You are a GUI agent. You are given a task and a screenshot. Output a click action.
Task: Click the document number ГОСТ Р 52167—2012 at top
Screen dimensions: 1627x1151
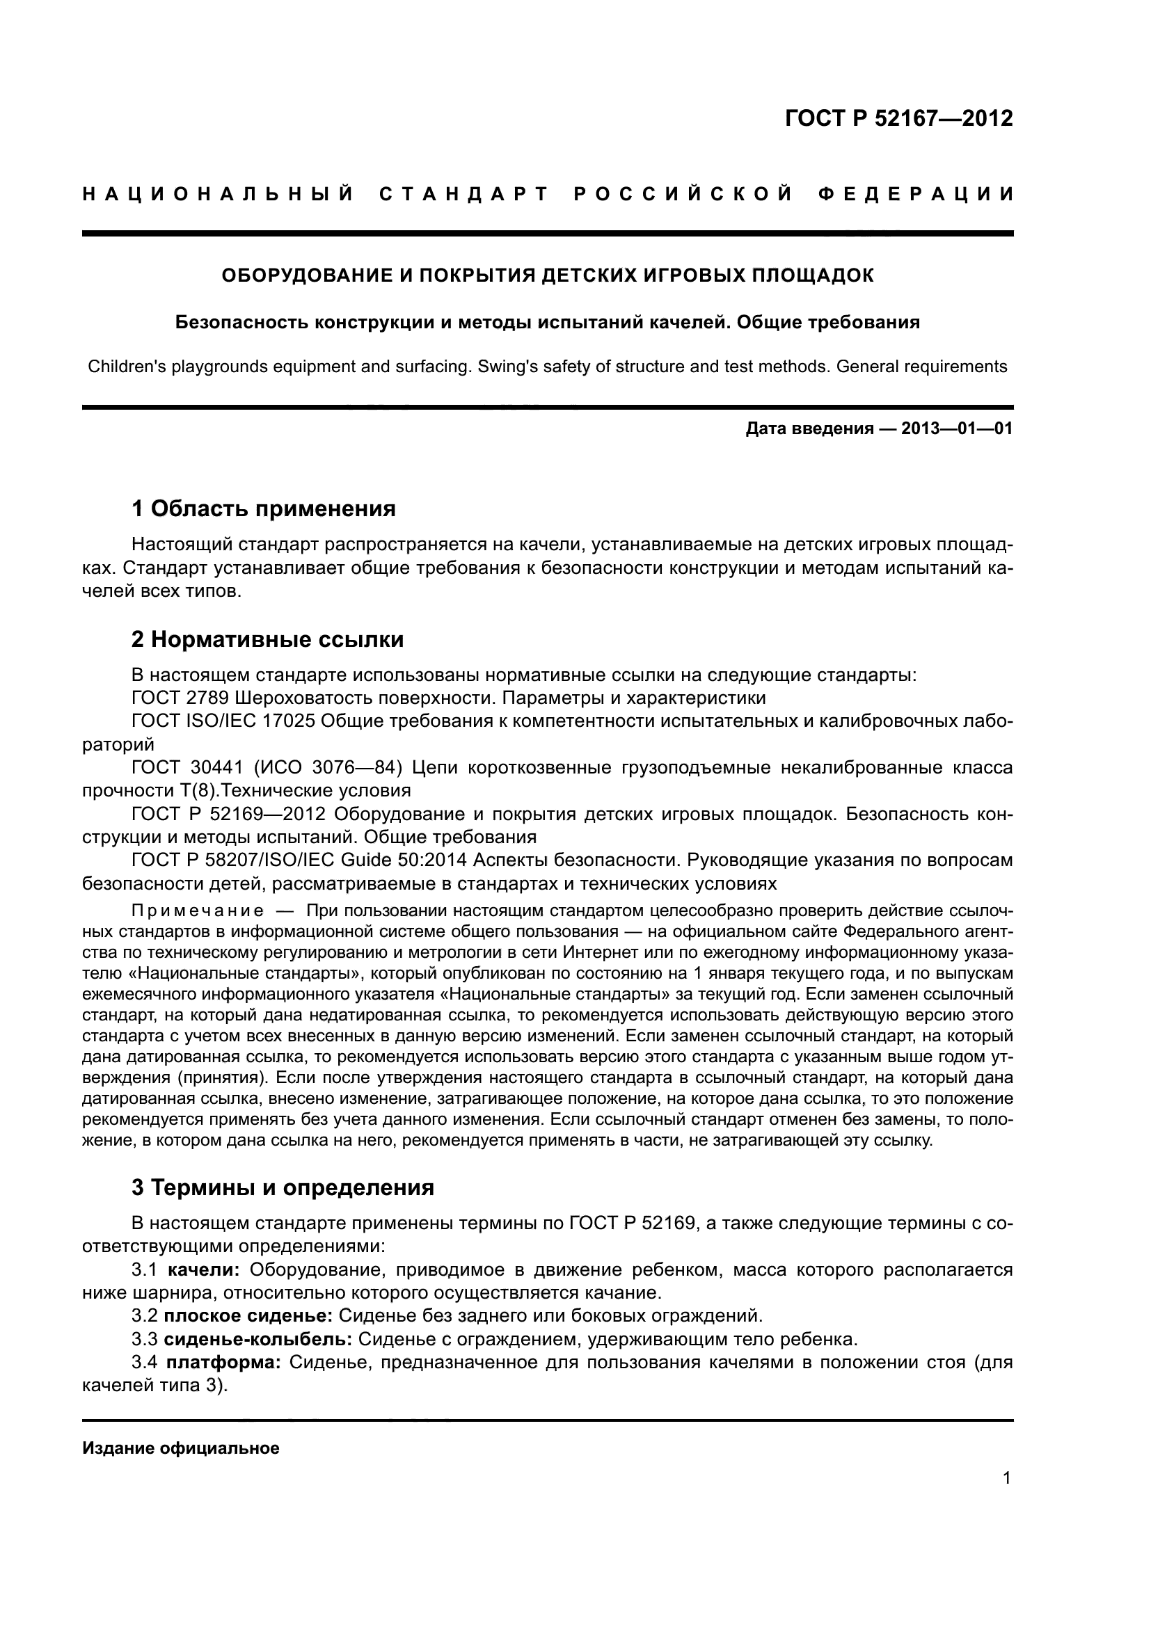898,118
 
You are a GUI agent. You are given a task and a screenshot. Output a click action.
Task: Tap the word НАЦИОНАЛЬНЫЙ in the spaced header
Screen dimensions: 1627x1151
218,194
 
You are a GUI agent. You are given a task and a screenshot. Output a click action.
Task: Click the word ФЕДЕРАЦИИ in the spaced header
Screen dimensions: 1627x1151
916,194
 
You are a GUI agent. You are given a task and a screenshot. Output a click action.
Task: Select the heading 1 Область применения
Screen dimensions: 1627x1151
263,508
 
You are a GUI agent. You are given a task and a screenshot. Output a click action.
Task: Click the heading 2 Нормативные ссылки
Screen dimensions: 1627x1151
267,639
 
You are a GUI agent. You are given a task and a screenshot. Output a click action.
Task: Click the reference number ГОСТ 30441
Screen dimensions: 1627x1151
187,767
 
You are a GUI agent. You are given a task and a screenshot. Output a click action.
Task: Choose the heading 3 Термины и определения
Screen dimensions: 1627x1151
283,1187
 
